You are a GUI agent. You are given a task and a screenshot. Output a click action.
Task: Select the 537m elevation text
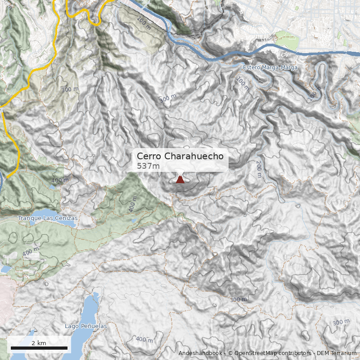[x=148, y=166]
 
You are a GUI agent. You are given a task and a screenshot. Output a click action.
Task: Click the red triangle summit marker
[x=180, y=180]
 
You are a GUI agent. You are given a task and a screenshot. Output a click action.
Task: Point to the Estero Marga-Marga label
[x=270, y=67]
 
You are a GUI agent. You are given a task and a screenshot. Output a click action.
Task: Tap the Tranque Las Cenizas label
[x=48, y=218]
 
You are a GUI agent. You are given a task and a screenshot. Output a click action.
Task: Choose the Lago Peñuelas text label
[x=85, y=325]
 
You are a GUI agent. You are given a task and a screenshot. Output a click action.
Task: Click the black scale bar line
[x=39, y=348]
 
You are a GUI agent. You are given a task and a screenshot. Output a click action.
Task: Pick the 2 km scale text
[x=39, y=343]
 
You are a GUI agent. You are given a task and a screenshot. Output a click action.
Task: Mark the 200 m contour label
[x=259, y=168]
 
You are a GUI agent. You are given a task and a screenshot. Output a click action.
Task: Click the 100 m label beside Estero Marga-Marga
[x=243, y=84]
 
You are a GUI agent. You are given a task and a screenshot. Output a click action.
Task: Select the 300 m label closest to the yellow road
[x=69, y=90]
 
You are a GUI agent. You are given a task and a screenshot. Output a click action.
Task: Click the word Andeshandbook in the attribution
[x=200, y=353]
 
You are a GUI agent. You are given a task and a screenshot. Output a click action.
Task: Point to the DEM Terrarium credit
[x=337, y=353]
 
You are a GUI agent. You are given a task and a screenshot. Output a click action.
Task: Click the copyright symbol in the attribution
[x=230, y=353]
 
